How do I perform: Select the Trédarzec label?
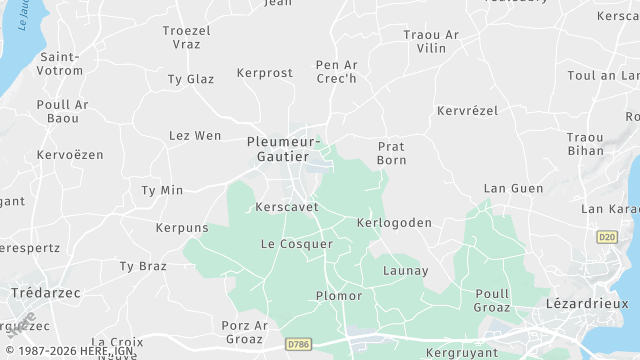(x=45, y=292)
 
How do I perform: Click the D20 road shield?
(x=606, y=237)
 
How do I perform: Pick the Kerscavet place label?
(x=286, y=207)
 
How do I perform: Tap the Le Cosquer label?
(x=296, y=244)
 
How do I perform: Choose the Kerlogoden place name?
(x=394, y=222)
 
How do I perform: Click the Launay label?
(x=405, y=271)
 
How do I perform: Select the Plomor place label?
(x=339, y=296)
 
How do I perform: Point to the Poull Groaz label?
(x=493, y=300)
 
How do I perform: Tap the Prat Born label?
(x=391, y=153)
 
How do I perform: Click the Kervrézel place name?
(x=467, y=110)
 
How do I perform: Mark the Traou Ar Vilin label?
(x=431, y=41)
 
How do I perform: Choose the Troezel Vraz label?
(x=187, y=38)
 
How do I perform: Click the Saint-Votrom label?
(x=60, y=64)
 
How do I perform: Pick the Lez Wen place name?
(x=195, y=136)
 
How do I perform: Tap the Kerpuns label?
(x=182, y=228)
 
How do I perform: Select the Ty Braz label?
(x=143, y=266)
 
